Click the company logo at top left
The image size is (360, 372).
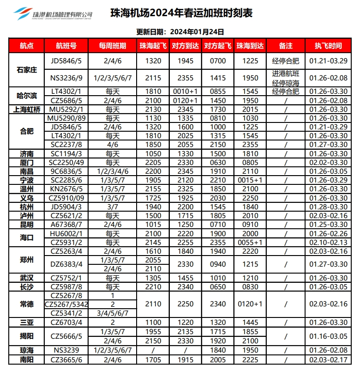pos(53,14)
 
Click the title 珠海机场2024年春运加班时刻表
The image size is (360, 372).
pos(182,13)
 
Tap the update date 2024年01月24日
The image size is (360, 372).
pos(198,32)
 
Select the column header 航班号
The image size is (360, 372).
pos(66,46)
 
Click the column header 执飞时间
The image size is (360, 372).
pos(328,46)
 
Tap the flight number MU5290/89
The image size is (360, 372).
pos(66,118)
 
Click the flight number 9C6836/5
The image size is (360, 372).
pos(66,171)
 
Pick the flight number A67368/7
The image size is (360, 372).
pos(66,224)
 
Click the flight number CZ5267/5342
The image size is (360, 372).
pos(66,304)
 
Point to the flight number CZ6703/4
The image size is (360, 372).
pos(66,322)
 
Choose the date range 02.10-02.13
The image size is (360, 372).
pos(328,242)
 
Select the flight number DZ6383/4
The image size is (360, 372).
pos(66,264)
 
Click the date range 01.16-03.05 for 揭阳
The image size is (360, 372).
pos(328,336)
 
